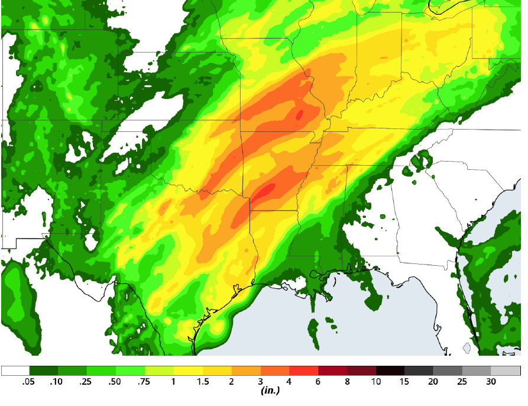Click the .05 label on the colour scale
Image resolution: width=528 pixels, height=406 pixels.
click(x=27, y=382)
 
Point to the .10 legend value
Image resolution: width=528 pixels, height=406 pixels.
click(x=56, y=382)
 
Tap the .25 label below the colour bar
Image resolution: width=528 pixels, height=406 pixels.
click(x=85, y=382)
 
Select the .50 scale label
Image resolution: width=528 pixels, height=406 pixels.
click(x=114, y=382)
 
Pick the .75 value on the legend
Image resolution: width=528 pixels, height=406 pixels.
click(x=143, y=382)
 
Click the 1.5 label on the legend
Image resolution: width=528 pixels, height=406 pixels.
click(x=202, y=382)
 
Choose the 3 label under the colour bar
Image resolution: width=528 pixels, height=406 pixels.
click(x=260, y=382)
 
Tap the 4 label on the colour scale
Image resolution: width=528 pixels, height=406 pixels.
click(x=289, y=382)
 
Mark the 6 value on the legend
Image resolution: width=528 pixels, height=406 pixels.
click(x=318, y=382)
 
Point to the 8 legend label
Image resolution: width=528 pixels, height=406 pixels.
click(x=347, y=382)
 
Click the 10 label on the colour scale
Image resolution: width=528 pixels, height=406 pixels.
click(x=376, y=382)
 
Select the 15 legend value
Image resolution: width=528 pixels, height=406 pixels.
click(x=405, y=382)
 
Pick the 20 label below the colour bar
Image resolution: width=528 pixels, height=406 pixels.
click(x=433, y=382)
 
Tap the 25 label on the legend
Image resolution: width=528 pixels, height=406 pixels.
click(x=462, y=382)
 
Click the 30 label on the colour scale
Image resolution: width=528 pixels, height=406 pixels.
click(x=491, y=382)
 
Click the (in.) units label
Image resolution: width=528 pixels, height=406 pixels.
click(x=270, y=391)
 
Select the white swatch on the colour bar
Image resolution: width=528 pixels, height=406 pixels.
click(x=15, y=371)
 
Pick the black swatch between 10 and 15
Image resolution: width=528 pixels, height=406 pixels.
click(x=390, y=371)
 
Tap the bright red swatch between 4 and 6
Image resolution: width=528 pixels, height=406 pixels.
click(x=304, y=371)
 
